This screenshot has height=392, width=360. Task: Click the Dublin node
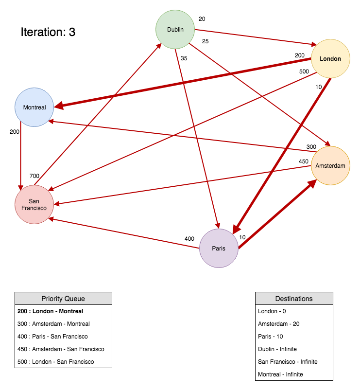[x=175, y=30]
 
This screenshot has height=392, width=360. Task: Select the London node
[x=330, y=59]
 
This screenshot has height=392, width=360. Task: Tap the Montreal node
[x=34, y=107]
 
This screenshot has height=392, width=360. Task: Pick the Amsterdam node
[x=330, y=166]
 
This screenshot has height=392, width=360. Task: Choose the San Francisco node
[x=34, y=205]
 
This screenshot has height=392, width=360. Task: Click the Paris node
[x=219, y=249]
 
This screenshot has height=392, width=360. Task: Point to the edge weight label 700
[x=34, y=176]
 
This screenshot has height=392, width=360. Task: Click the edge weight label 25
[x=205, y=41]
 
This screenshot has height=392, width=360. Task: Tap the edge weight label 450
[x=304, y=161]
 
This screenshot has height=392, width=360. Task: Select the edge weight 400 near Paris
[x=189, y=239]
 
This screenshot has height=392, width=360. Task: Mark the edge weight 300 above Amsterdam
[x=311, y=147]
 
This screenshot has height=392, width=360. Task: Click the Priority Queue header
[x=63, y=299]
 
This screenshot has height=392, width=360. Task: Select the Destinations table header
[x=294, y=299]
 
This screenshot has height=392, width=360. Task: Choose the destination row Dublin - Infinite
[x=277, y=349]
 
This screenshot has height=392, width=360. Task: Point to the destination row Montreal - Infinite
[x=280, y=374]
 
